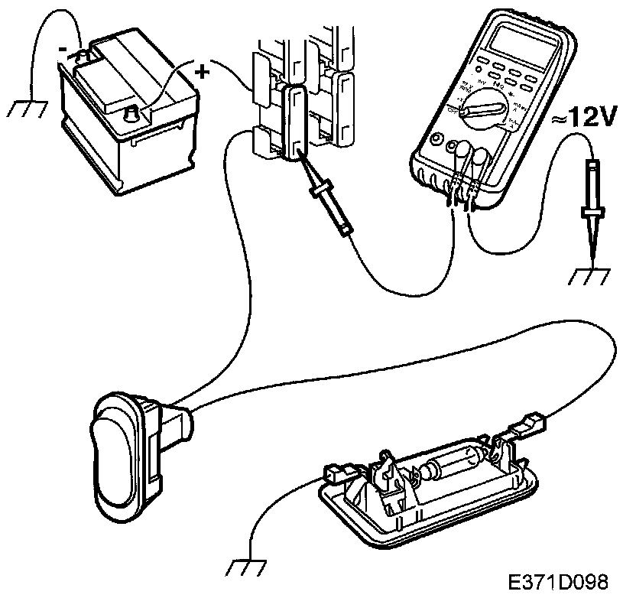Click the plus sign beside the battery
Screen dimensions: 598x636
(202, 73)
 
